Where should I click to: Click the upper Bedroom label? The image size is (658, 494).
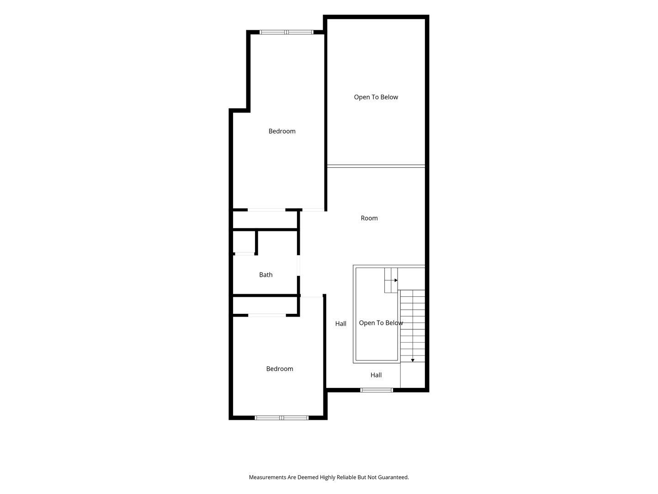(282, 131)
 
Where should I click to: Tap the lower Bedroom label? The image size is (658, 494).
(279, 369)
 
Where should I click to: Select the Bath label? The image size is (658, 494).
(265, 274)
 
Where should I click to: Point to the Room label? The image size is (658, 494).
(369, 218)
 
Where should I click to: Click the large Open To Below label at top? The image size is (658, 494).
(376, 97)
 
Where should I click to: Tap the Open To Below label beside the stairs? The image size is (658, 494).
(381, 323)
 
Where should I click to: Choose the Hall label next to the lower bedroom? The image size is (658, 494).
(340, 324)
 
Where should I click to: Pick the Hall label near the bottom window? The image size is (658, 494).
(376, 375)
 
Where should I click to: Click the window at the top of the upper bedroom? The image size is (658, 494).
(287, 32)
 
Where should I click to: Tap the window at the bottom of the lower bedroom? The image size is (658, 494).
(281, 418)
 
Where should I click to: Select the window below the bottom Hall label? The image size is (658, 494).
(377, 390)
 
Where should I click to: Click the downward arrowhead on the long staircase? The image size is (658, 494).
(413, 360)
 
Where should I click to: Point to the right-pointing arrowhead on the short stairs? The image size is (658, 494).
(396, 280)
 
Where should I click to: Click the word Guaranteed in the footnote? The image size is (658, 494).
(393, 477)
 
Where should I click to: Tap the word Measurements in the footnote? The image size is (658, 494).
(267, 477)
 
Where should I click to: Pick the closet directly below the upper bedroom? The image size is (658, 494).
(265, 220)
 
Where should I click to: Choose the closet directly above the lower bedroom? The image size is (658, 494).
(265, 306)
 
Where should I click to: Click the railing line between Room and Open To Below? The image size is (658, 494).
(376, 166)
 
